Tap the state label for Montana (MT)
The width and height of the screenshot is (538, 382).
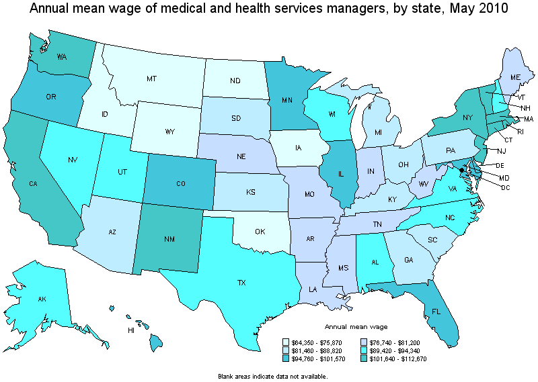click(x=151, y=79)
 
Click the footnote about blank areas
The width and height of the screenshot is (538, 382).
click(x=273, y=377)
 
